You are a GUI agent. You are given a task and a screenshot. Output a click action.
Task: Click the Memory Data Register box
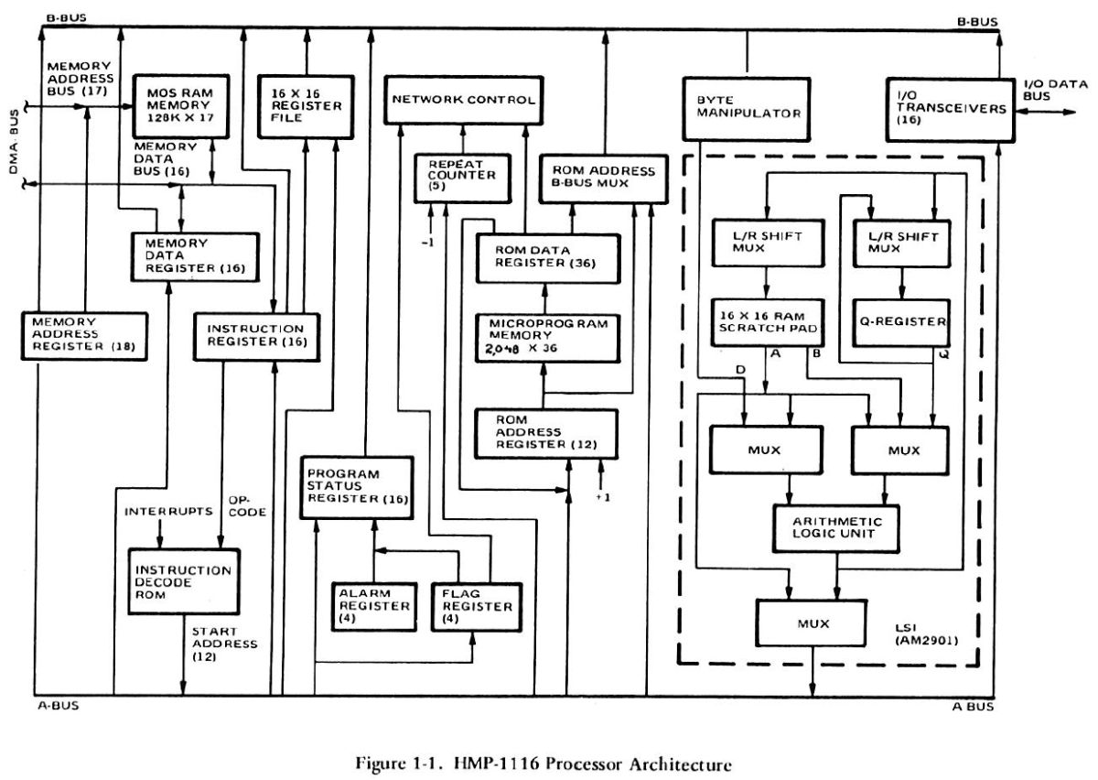pos(190,257)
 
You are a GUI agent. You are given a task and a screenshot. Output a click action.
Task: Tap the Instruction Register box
pos(253,336)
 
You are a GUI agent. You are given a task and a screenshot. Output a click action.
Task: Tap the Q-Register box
pos(901,321)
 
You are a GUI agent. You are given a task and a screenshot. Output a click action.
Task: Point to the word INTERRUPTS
pos(156,511)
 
